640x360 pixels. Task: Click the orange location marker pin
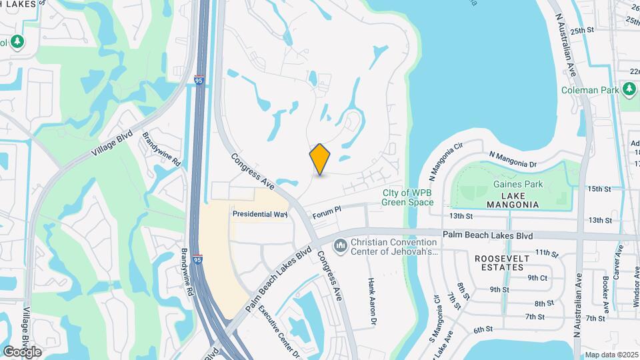(x=320, y=159)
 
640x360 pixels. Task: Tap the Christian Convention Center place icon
(x=341, y=247)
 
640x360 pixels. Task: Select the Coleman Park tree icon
(x=629, y=89)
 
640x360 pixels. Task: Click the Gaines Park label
(x=518, y=184)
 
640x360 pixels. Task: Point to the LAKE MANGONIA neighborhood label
(x=513, y=199)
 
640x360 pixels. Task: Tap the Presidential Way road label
(x=260, y=214)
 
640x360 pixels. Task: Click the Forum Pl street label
(x=327, y=211)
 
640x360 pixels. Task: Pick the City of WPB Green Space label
(x=408, y=198)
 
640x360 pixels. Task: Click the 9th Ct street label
(x=537, y=277)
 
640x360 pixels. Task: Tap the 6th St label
(x=483, y=329)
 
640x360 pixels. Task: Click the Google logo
(x=22, y=351)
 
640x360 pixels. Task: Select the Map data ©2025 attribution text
(x=611, y=355)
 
